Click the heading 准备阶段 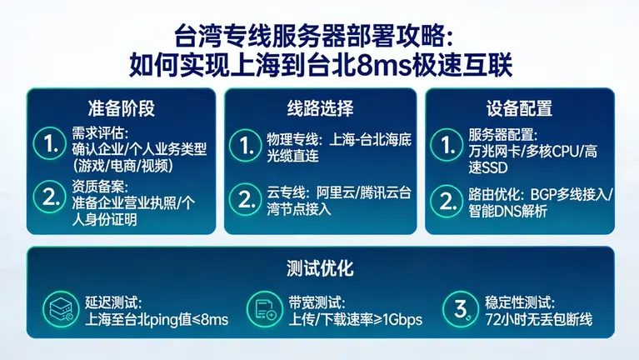pos(122,109)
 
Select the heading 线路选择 pos(320,109)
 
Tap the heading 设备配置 pos(519,109)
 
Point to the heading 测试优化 pos(320,268)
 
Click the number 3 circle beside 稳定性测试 pos(462,308)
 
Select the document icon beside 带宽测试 pos(267,308)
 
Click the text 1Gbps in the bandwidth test pos(402,319)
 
